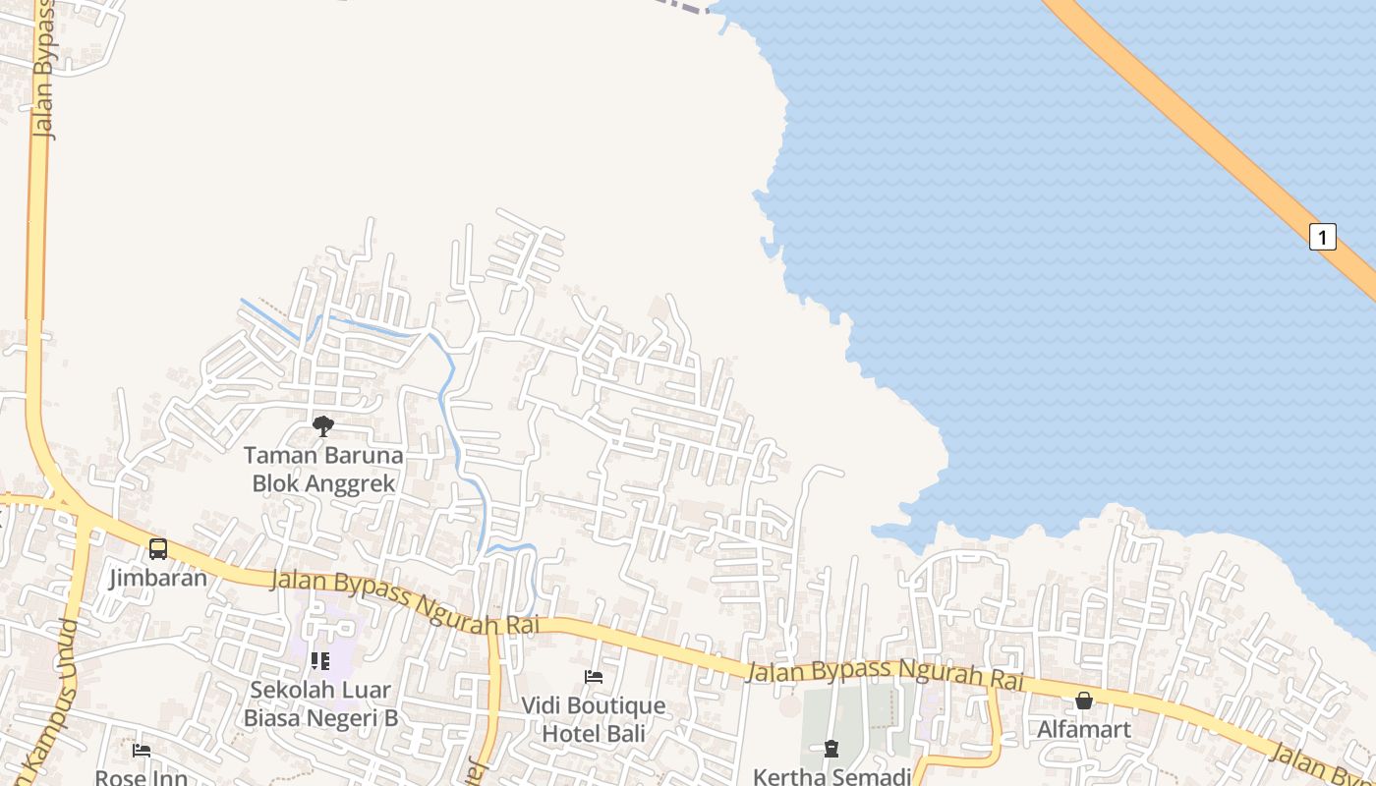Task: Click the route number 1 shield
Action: [x=1323, y=237]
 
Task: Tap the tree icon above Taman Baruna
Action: [x=322, y=425]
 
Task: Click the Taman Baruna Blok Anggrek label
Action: [x=323, y=470]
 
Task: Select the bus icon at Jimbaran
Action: [x=158, y=549]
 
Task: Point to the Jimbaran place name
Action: [x=158, y=577]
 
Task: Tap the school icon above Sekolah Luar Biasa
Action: [x=319, y=661]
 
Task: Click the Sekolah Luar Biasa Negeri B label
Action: [x=320, y=703]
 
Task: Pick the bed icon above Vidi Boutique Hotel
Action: [x=594, y=677]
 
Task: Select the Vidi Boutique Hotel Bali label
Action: [x=593, y=719]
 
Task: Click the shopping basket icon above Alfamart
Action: [x=1083, y=701]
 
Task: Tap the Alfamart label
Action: [x=1083, y=729]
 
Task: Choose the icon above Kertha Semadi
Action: [x=831, y=749]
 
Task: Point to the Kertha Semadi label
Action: [x=831, y=776]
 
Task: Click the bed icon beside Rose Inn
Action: [x=142, y=751]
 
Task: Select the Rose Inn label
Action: [x=142, y=777]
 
